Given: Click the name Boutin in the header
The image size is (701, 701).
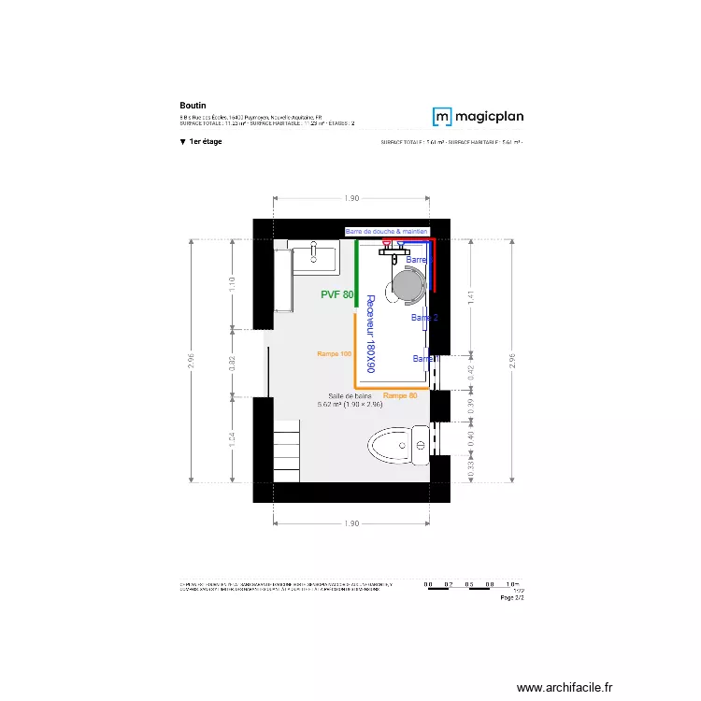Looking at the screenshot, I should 193,106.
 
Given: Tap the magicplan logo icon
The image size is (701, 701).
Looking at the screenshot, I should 442,117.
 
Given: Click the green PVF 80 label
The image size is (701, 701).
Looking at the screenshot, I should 336,294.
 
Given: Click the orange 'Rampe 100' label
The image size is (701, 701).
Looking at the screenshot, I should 334,354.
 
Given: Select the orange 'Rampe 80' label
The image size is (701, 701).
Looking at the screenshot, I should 400,395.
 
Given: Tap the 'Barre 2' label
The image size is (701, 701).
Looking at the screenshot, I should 424,318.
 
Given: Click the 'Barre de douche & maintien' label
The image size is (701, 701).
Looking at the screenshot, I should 386,231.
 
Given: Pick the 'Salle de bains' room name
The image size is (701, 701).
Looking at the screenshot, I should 350,396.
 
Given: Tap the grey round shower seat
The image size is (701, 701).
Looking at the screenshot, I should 408,285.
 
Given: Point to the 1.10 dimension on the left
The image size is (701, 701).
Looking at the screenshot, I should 233,285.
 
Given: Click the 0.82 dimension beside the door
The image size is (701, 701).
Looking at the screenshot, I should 233,363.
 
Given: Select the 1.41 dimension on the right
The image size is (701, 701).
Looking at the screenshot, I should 471,297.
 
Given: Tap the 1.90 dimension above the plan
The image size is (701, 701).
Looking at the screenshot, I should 351,199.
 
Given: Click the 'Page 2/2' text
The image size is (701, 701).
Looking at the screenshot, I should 513,598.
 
